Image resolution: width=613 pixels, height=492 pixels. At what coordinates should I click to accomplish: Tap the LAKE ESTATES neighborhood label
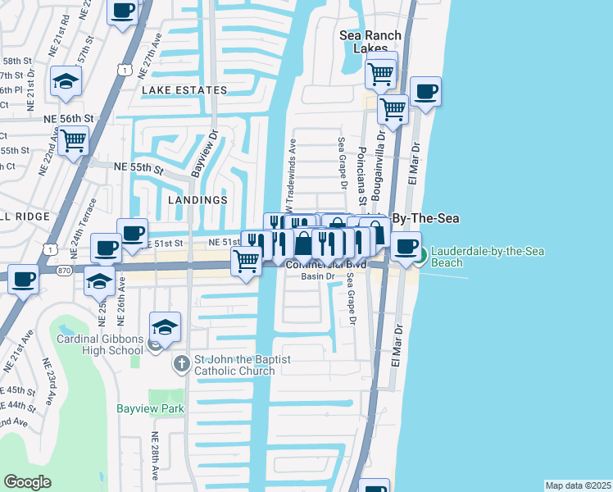tap(184, 90)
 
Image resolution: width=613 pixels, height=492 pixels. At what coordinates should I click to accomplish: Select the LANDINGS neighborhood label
tap(197, 200)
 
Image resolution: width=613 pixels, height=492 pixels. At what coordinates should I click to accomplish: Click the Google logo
tap(27, 482)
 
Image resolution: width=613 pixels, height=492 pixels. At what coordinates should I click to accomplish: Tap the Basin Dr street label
tap(318, 276)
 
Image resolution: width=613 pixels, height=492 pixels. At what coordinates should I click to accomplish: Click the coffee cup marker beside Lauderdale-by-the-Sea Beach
tap(406, 247)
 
